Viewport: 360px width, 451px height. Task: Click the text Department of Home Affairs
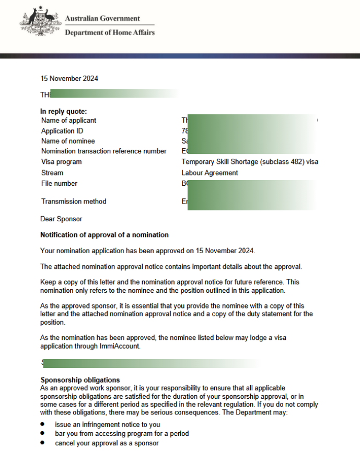coord(109,32)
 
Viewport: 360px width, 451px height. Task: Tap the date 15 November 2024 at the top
coord(69,79)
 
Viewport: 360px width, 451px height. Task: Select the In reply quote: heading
coord(64,111)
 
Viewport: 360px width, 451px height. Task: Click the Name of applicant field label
coord(68,121)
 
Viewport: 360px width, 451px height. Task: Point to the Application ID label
coord(62,131)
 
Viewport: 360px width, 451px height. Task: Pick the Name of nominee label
coord(68,141)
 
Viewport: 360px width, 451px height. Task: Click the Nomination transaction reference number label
coord(103,152)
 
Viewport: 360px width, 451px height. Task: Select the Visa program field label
coord(61,162)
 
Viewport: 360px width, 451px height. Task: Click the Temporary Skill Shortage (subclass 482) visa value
coord(250,162)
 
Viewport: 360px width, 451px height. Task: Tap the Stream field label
coord(52,173)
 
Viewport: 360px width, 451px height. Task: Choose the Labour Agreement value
coord(210,173)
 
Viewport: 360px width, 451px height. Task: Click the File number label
coord(59,183)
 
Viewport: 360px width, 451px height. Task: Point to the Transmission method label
coord(74,201)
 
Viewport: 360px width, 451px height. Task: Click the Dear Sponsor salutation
coord(61,219)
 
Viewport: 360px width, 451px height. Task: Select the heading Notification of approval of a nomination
coord(104,235)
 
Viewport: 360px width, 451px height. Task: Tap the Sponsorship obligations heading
coord(80,380)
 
